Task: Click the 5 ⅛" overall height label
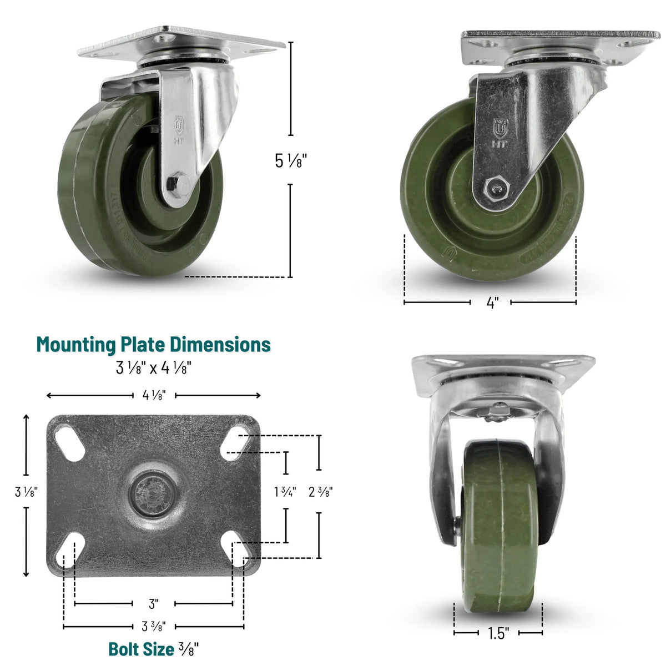click(x=291, y=161)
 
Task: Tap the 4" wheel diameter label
click(x=492, y=303)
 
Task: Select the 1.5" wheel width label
click(x=498, y=633)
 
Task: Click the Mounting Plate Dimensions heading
click(x=154, y=345)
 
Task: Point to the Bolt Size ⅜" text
click(x=154, y=649)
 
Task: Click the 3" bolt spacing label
click(x=154, y=603)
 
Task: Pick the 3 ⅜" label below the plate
click(x=154, y=627)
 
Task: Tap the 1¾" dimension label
click(x=285, y=492)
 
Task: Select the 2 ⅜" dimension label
click(x=320, y=492)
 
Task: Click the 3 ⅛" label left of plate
click(x=26, y=492)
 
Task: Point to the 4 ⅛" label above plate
click(x=154, y=396)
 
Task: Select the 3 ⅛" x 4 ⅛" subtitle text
click(x=154, y=367)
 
